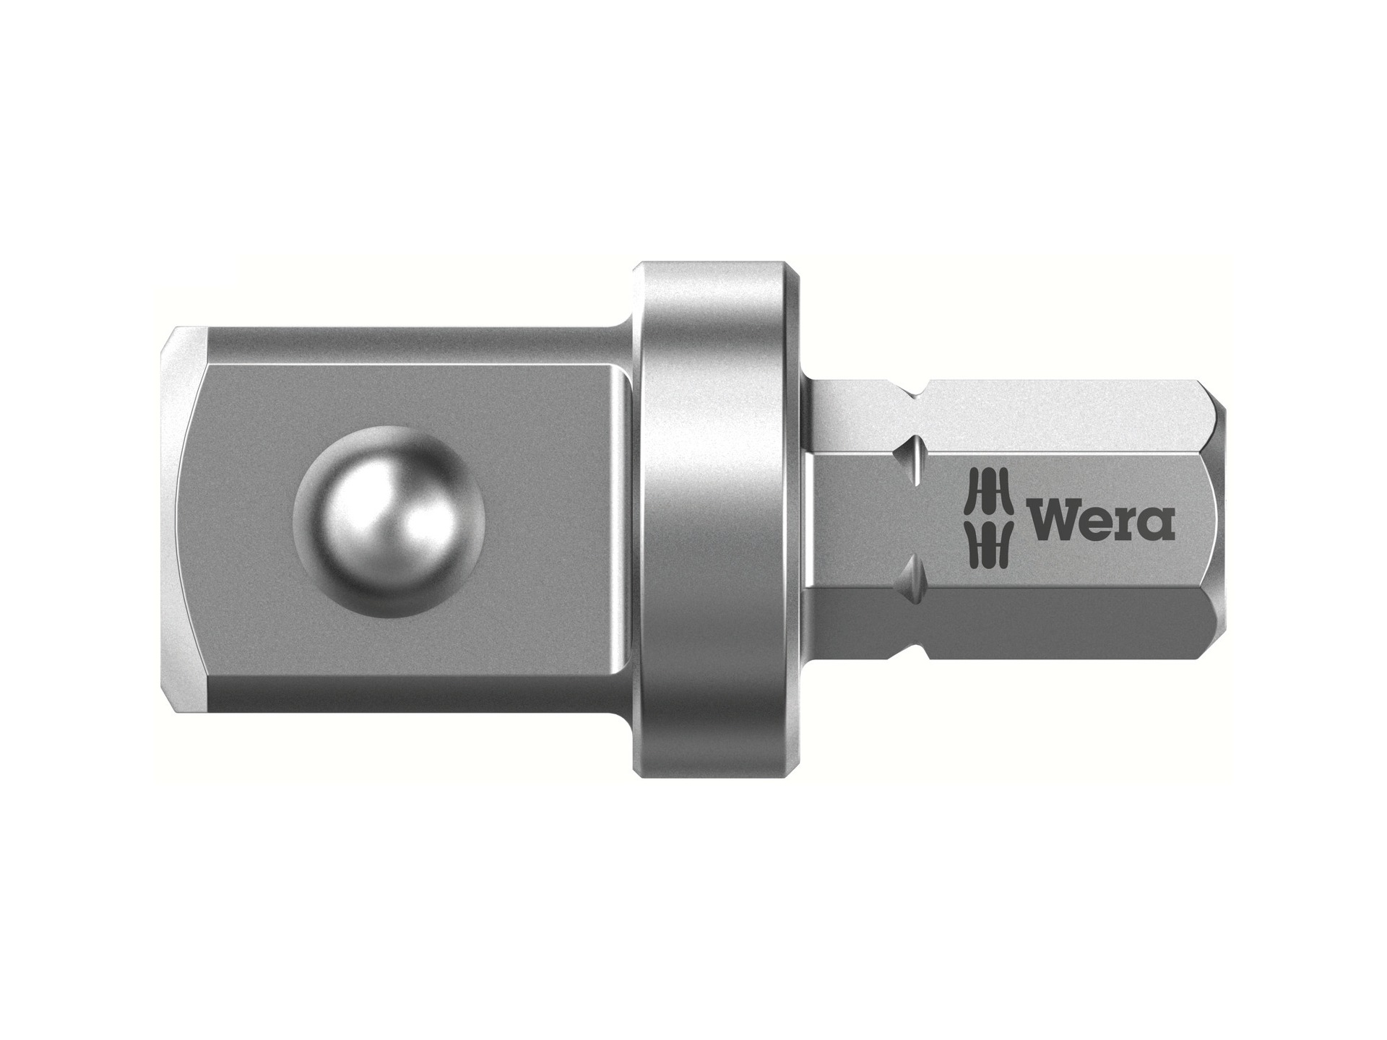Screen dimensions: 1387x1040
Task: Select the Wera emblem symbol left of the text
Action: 988,519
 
